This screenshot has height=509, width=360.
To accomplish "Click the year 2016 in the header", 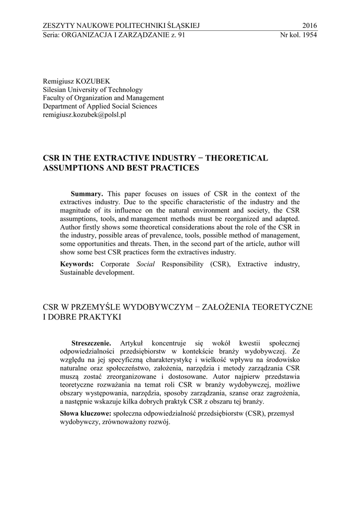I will tap(309, 26).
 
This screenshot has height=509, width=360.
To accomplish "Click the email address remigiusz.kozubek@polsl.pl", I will tap(85, 114).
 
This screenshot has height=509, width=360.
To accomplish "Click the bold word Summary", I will tap(87, 194).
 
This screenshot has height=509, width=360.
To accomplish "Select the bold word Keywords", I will tap(77, 263).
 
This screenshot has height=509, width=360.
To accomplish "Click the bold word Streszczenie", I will tap(91, 343).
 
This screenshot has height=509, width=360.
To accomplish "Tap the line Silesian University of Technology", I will tap(92, 89).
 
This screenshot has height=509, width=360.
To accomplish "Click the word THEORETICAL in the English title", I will tap(237, 158).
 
